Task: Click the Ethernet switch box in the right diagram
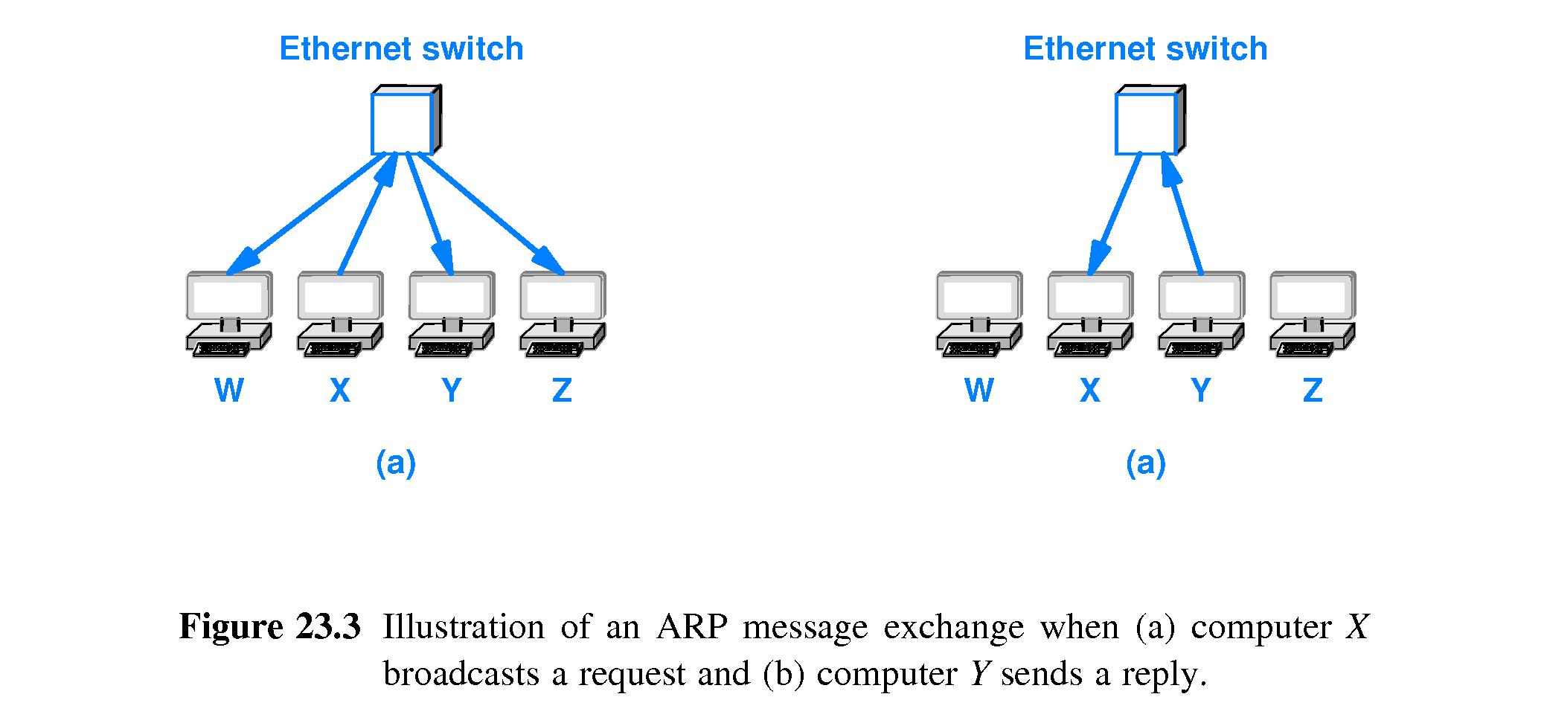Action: tap(1147, 123)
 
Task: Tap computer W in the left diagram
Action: tap(228, 312)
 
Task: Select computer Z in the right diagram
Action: tap(1313, 312)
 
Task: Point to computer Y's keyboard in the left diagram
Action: tap(446, 347)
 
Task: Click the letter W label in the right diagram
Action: tap(979, 390)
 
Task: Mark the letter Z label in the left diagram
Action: tap(562, 390)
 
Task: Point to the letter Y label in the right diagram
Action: tap(1200, 390)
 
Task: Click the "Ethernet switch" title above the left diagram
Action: tap(401, 49)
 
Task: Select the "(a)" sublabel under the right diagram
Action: tap(1145, 463)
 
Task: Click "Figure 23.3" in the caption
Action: tap(269, 626)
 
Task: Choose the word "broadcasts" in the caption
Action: tap(461, 674)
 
